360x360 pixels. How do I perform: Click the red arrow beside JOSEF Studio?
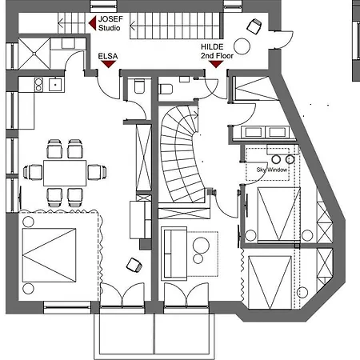[x=93, y=23]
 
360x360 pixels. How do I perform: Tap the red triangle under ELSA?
[x=108, y=64]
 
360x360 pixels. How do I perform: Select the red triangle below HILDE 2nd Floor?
[x=216, y=64]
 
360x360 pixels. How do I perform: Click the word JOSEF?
[x=110, y=19]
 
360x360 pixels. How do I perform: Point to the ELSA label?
[x=108, y=56]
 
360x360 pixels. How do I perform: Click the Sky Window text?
[x=272, y=170]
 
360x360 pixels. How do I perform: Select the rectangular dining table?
[x=65, y=173]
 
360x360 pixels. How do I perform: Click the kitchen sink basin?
[x=55, y=85]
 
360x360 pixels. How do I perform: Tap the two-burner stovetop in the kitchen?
[x=38, y=85]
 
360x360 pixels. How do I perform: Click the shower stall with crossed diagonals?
[x=34, y=54]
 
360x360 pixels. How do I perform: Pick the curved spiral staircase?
[x=182, y=154]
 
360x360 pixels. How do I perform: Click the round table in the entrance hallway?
[x=242, y=46]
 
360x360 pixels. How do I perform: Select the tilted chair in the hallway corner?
[x=254, y=26]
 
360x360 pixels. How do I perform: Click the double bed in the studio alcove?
[x=49, y=255]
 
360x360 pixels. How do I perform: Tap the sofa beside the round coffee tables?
[x=174, y=254]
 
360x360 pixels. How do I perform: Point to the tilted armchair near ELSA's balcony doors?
[x=134, y=265]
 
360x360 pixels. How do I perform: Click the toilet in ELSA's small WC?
[x=139, y=86]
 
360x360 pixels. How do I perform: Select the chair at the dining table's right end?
[x=98, y=172]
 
